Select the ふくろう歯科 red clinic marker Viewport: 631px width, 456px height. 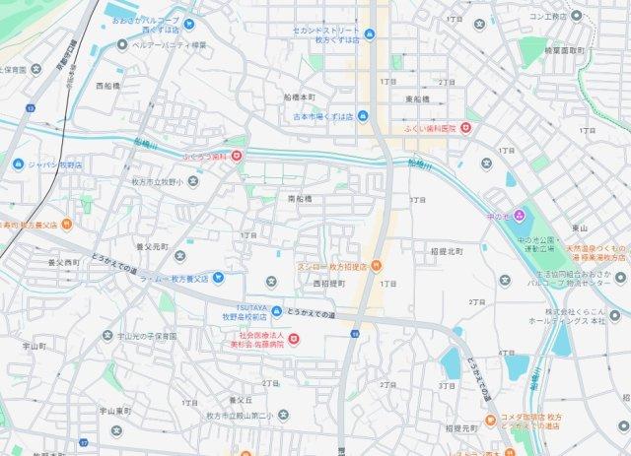(x=237, y=155)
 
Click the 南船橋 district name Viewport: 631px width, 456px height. (x=300, y=199)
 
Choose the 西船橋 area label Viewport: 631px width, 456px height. (x=107, y=87)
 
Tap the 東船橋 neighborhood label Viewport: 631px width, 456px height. (x=418, y=99)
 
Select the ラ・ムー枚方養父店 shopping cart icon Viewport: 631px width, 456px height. (x=217, y=278)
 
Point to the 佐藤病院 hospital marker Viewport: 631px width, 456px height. (x=292, y=340)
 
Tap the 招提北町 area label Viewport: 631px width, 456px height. (x=447, y=251)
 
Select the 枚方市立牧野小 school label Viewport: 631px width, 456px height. (x=158, y=181)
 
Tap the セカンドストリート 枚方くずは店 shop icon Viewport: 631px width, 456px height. (x=369, y=36)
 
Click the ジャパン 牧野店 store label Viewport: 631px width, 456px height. (x=54, y=164)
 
